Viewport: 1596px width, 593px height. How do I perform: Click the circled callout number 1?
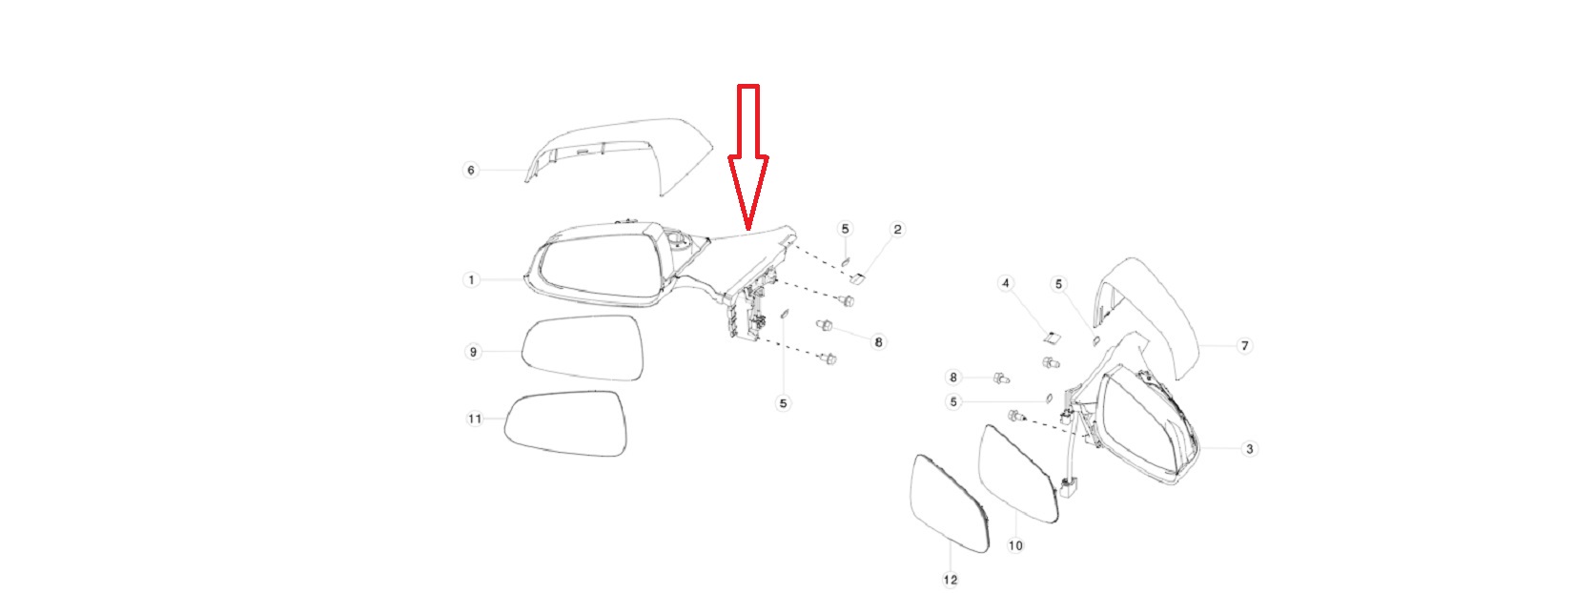pos(471,279)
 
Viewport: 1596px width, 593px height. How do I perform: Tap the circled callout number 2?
pos(897,230)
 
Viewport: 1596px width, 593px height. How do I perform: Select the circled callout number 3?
pos(1249,449)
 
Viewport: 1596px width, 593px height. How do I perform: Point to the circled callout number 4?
pos(1005,284)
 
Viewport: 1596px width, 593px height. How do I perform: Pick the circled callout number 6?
pos(470,170)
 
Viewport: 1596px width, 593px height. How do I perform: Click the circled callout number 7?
pos(1245,346)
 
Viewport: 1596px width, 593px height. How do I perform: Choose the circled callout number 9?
pos(473,352)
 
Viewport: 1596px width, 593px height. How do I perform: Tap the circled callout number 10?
pos(1015,546)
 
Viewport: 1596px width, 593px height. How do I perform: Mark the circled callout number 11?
pos(475,419)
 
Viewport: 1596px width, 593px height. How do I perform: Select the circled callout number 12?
pos(950,581)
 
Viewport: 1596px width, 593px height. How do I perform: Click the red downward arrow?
pos(748,156)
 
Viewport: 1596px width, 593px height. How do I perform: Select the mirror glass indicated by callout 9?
pos(583,348)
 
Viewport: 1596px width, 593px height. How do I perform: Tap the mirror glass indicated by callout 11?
pos(565,423)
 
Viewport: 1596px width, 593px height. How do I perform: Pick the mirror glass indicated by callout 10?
pos(1017,474)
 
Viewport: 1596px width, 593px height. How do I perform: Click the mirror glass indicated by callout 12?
pos(950,504)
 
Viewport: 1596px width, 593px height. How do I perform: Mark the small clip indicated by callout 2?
pos(859,278)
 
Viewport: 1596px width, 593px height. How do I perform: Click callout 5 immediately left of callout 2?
pos(845,229)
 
